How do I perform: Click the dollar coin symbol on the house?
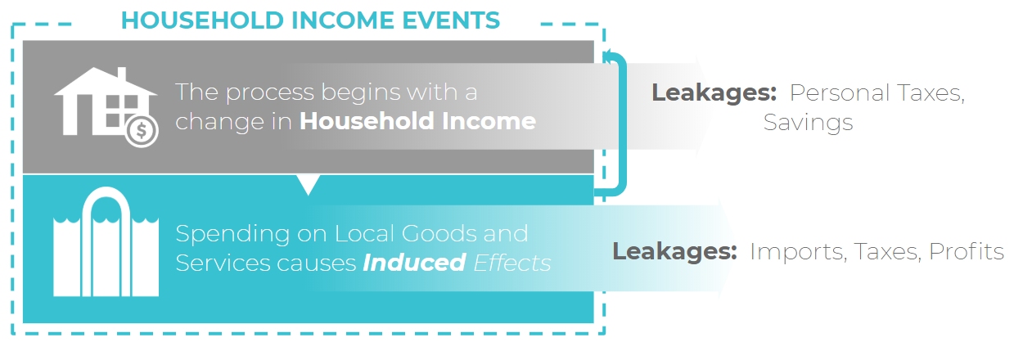click(142, 131)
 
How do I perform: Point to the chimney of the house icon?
click(121, 74)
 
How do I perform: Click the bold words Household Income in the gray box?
click(417, 121)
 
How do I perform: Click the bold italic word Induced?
click(414, 263)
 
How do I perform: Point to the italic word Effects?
click(512, 263)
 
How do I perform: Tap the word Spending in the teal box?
click(233, 235)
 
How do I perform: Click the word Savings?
click(808, 124)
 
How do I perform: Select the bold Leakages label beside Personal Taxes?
click(714, 93)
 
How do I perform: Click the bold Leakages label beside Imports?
click(674, 252)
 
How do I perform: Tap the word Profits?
click(967, 251)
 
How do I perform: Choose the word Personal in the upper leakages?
click(840, 93)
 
